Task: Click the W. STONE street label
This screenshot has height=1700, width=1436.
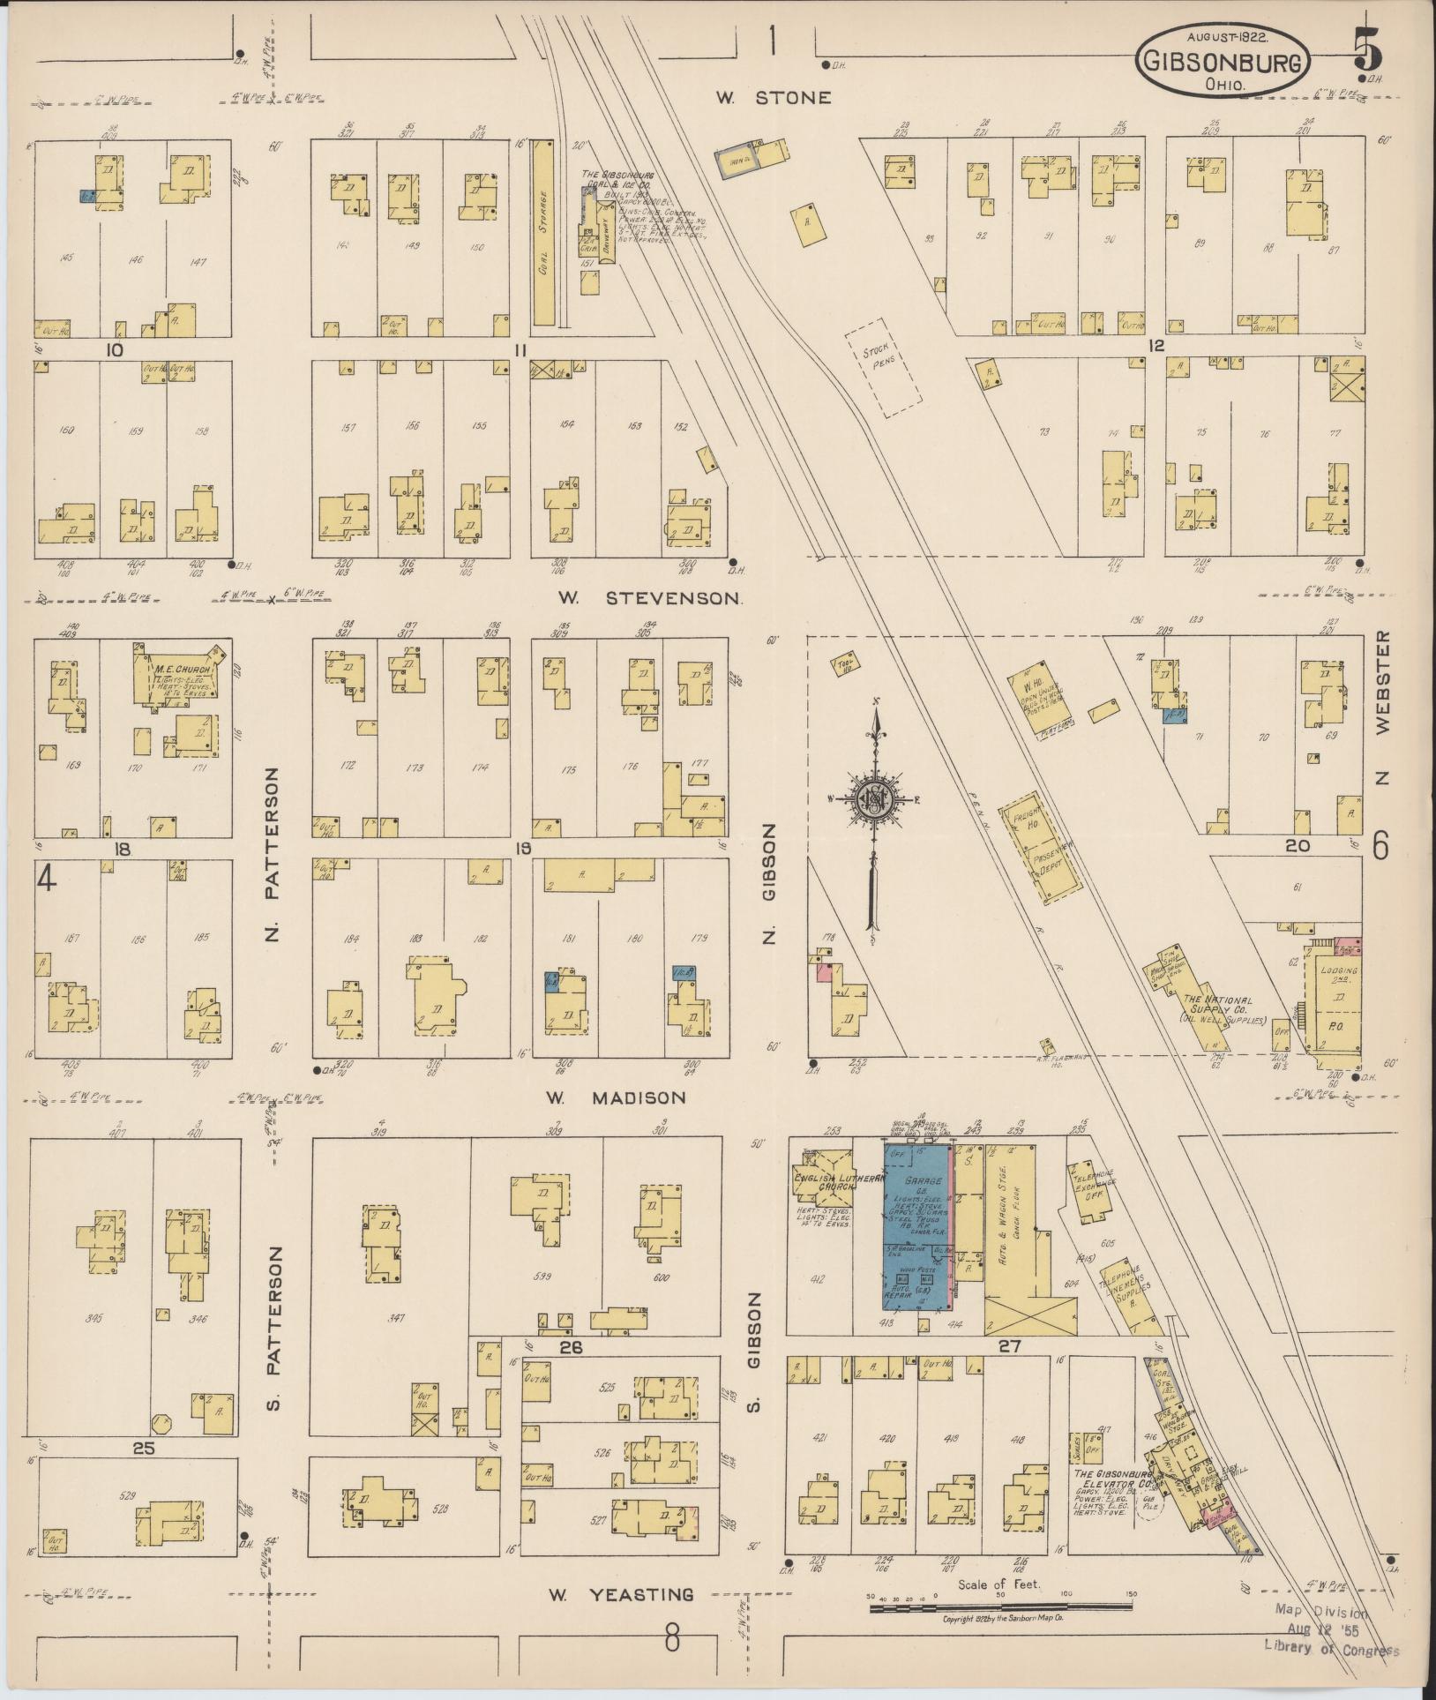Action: (773, 97)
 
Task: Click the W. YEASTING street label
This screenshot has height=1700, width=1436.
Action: (619, 1595)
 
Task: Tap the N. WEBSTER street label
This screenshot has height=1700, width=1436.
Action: (1382, 707)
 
